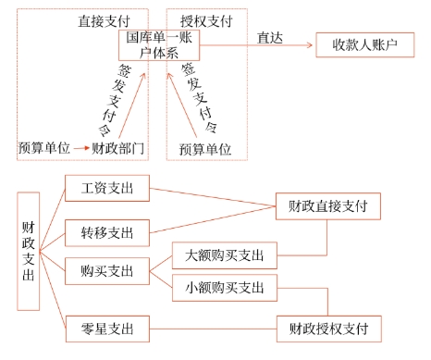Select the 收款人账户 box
364,44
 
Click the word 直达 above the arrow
269,38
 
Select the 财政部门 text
118,148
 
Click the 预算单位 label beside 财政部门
43,148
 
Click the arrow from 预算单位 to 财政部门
80,148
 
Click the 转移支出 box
108,230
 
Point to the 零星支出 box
108,328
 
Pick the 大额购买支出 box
225,254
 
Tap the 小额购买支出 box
225,287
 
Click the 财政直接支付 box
327,206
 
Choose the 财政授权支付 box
327,328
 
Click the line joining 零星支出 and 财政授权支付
213,328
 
